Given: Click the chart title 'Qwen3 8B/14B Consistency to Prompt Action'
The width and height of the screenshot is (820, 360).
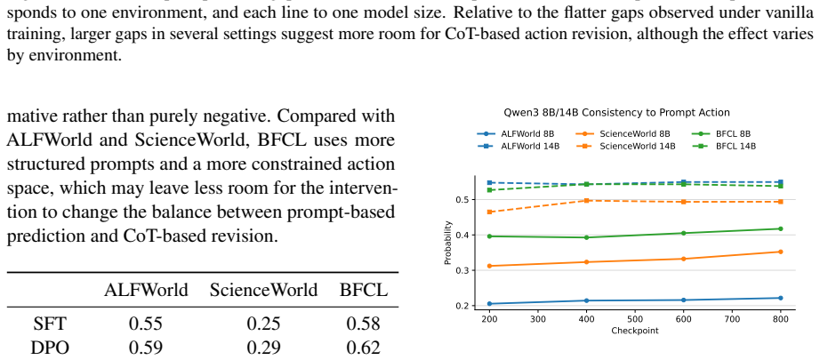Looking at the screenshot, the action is coord(616,112).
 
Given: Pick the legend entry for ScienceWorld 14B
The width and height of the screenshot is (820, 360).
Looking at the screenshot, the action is coord(626,147).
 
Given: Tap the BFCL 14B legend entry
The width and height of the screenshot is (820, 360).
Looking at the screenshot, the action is coord(724,147).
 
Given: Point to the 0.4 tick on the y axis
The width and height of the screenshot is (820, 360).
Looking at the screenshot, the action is coord(462,236).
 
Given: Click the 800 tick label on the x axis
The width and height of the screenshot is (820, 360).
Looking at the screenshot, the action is coord(780,318).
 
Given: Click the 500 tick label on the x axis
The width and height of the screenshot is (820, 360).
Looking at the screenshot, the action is coord(635,318).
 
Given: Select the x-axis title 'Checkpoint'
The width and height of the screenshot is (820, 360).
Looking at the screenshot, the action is coord(635,331).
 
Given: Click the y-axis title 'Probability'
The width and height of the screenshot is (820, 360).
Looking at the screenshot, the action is coord(447,243).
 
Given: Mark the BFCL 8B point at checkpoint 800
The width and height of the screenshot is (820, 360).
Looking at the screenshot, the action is coord(780,228).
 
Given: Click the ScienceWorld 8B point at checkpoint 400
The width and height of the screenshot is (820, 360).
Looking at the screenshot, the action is coord(587,261).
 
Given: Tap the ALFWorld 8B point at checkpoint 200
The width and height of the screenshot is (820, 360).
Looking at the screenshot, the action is coord(489,304).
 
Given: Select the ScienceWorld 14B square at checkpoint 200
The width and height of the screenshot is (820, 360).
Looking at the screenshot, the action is coord(489,212).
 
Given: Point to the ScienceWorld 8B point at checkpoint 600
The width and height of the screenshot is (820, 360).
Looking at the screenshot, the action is coord(684,259).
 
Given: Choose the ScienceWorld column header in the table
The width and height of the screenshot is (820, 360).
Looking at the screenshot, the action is coord(263,290).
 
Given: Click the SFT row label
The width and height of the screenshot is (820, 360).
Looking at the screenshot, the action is coord(50,324).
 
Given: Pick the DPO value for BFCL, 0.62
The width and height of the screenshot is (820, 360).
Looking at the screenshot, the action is coord(363,347).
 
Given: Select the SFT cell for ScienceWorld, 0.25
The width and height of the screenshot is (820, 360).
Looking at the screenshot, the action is coord(263,324).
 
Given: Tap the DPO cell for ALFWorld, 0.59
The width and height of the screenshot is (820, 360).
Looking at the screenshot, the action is coord(145,347).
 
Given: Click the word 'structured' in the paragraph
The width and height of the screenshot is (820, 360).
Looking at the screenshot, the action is coord(50,164).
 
